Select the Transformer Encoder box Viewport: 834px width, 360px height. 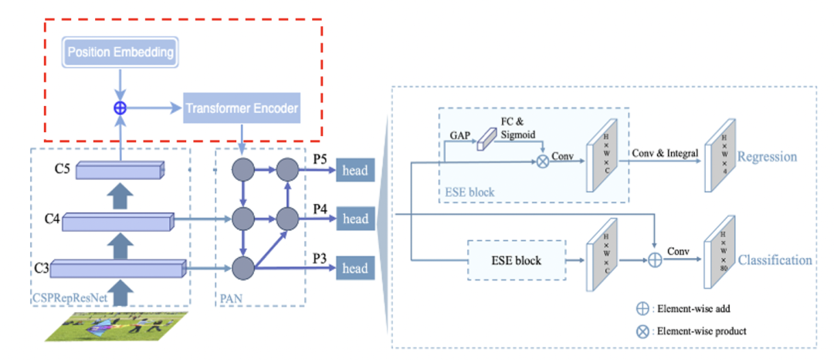pos(241,108)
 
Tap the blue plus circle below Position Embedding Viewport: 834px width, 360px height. pos(120,108)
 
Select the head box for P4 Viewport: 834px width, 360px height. pos(355,219)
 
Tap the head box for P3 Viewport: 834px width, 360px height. pos(355,269)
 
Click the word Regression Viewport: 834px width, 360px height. pos(767,157)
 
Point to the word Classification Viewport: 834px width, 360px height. pos(775,260)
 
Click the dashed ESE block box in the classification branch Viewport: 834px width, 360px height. pos(517,260)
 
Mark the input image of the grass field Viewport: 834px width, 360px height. pos(108,324)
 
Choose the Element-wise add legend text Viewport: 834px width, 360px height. pos(693,308)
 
